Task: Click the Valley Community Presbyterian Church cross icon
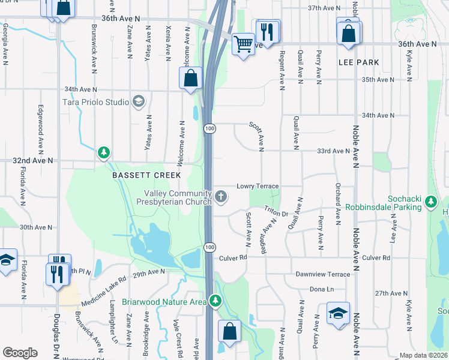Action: click(221, 196)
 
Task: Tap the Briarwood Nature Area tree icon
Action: click(215, 301)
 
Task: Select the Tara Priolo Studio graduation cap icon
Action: click(139, 101)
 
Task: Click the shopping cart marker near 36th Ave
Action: click(243, 44)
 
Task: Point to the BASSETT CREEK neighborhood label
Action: click(146, 175)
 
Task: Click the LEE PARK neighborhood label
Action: click(358, 62)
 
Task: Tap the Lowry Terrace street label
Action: click(259, 186)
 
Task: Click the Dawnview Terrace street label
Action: click(322, 274)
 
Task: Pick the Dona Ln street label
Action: click(322, 289)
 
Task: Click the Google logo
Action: click(20, 353)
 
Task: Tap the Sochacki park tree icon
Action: click(430, 203)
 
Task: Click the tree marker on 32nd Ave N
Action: click(104, 153)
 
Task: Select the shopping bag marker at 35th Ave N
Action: click(191, 79)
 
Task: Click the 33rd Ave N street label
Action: click(333, 151)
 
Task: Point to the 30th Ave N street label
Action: click(36, 227)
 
